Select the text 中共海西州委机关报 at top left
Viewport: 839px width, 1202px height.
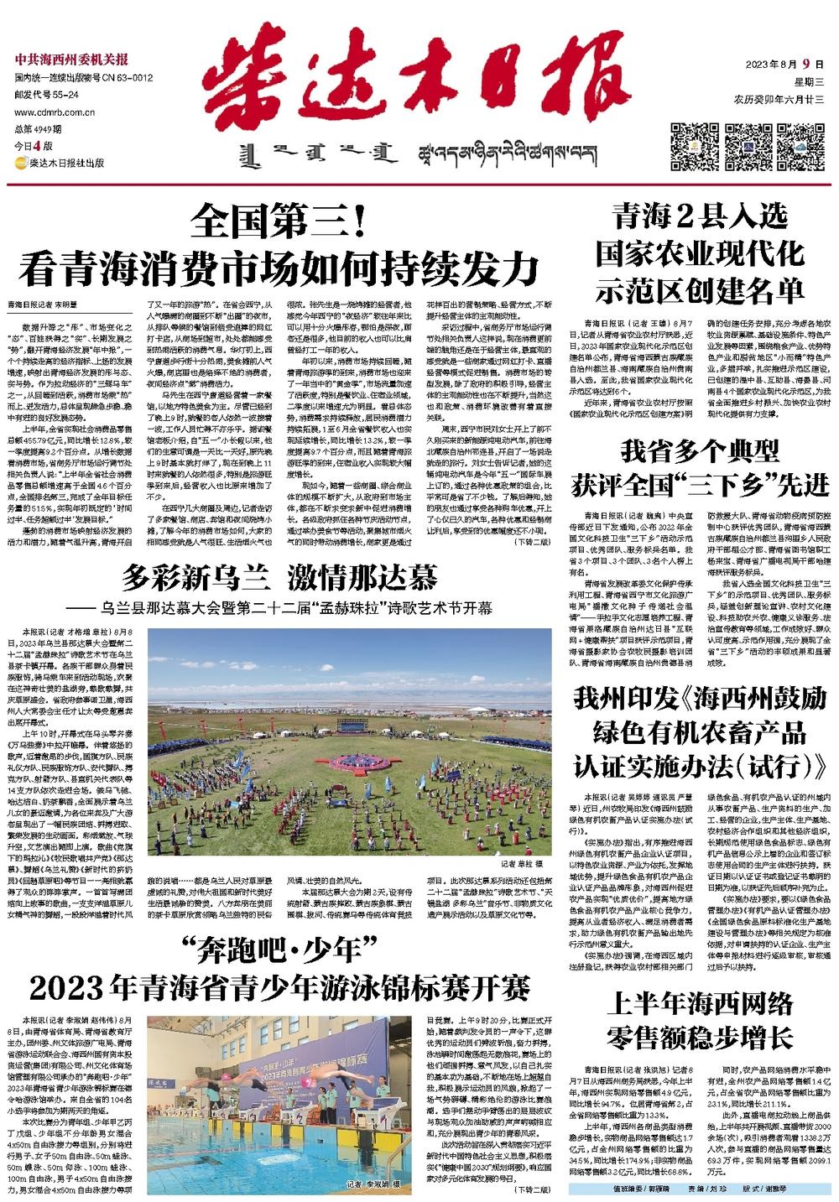[72, 60]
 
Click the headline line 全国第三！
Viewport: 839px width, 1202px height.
[277, 222]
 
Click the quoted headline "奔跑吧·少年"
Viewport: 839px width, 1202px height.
[281, 951]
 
